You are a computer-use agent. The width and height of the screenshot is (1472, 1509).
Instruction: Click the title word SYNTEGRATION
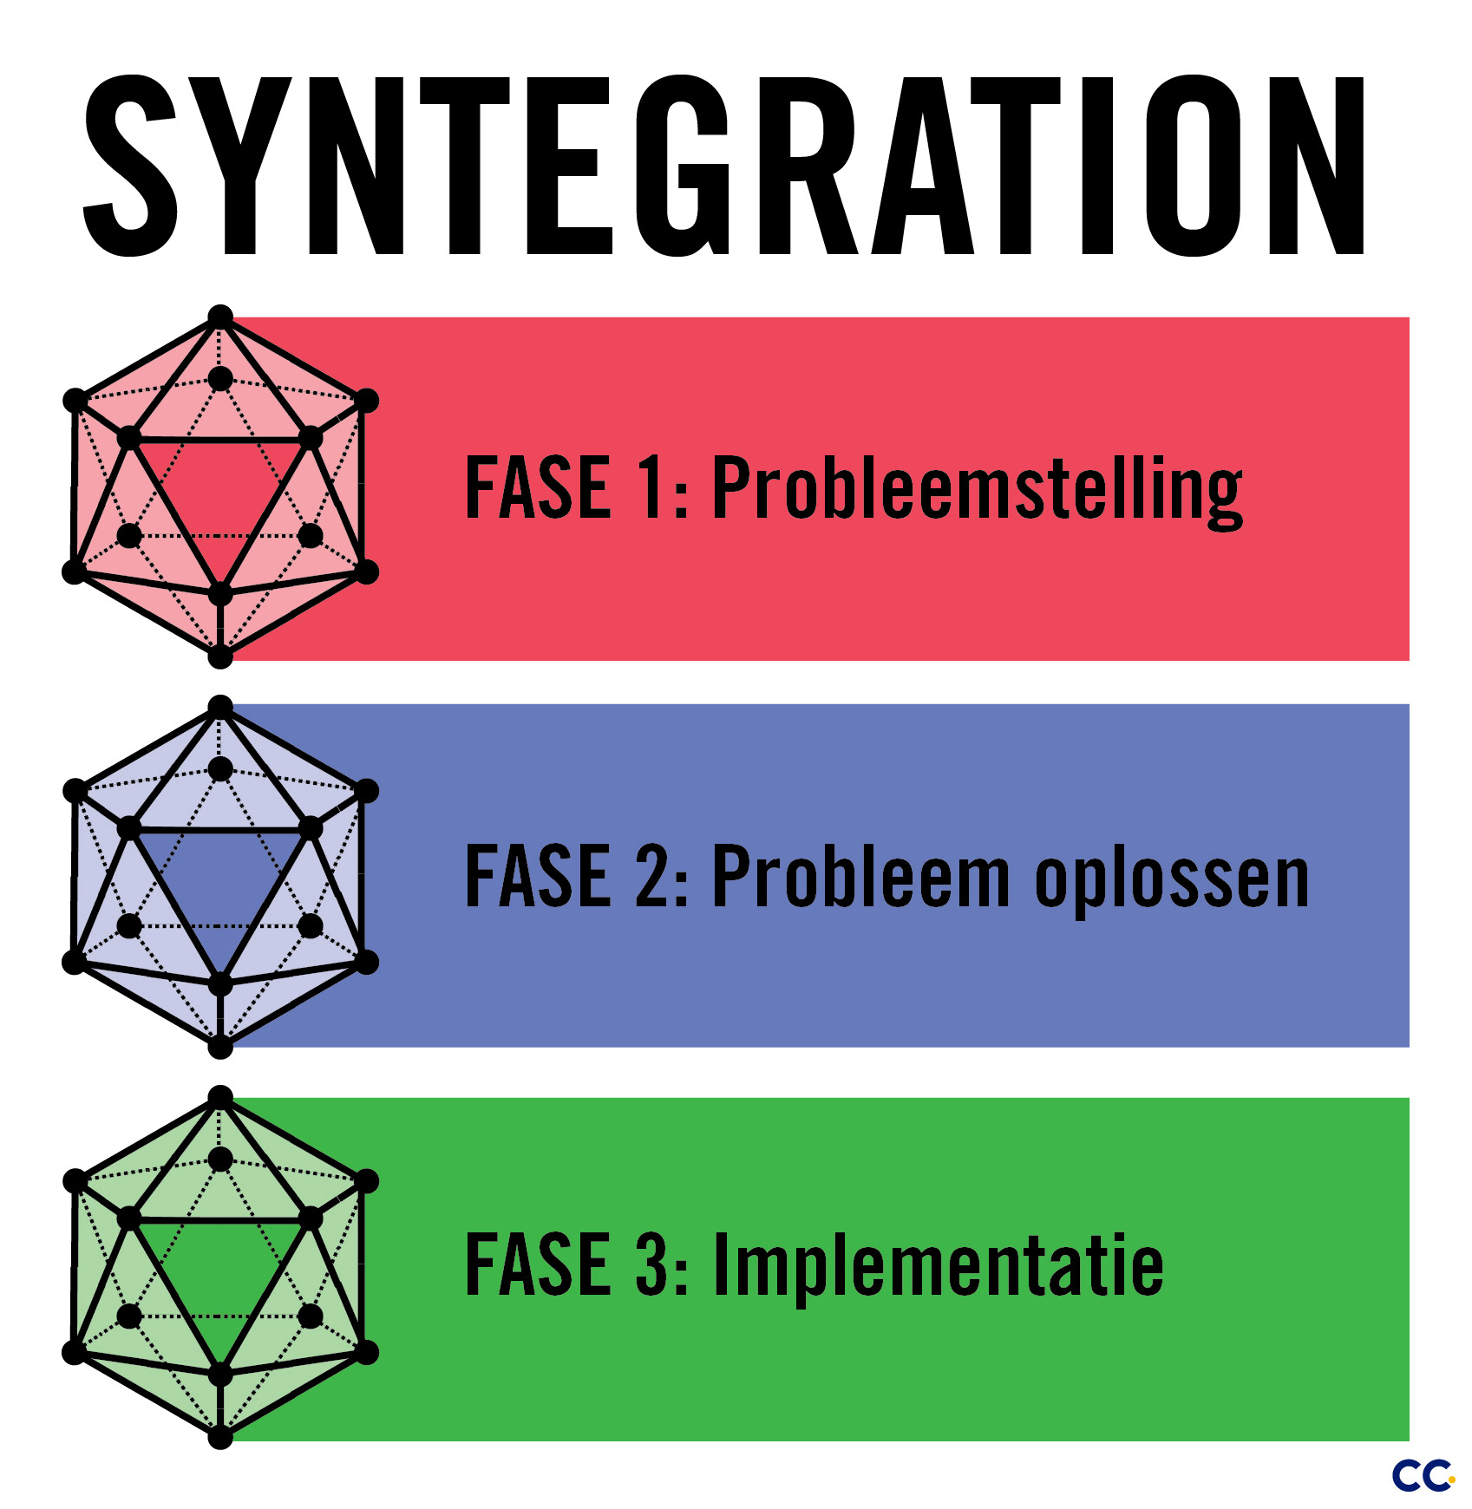(724, 167)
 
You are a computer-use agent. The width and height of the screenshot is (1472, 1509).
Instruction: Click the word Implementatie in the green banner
(937, 1266)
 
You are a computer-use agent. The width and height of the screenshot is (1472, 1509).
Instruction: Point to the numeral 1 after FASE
(652, 488)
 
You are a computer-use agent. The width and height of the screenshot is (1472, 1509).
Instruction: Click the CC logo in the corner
(1423, 1475)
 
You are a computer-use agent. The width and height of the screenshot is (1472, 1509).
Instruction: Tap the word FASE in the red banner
(538, 488)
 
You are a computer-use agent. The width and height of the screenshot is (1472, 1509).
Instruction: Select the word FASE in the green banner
(538, 1265)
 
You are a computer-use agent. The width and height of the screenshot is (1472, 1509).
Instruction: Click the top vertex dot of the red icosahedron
(220, 317)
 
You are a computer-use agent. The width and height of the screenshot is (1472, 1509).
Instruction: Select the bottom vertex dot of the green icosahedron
(220, 1437)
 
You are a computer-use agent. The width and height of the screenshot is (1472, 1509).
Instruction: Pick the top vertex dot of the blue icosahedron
(220, 708)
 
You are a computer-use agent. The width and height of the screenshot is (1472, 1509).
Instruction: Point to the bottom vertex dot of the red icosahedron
(220, 657)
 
